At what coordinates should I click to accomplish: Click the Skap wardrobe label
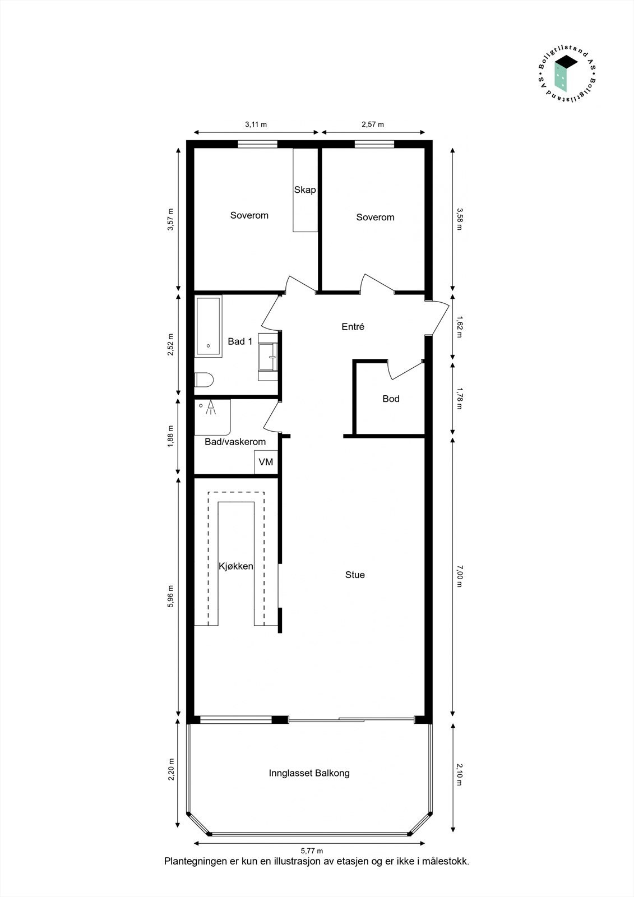(305, 189)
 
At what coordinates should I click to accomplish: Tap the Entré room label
(353, 326)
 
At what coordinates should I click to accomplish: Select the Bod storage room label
(391, 399)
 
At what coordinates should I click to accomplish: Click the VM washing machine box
(266, 462)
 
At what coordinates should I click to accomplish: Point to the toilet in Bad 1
(204, 380)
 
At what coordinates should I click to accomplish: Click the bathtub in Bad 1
(209, 326)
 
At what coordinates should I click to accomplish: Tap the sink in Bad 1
(269, 357)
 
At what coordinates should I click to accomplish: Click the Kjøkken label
(236, 566)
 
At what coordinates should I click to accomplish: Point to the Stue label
(355, 575)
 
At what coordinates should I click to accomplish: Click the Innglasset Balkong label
(309, 773)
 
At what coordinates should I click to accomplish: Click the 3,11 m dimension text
(256, 124)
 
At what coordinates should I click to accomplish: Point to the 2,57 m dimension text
(372, 124)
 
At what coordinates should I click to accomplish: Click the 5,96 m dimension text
(171, 597)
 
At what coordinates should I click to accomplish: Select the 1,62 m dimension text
(459, 327)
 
